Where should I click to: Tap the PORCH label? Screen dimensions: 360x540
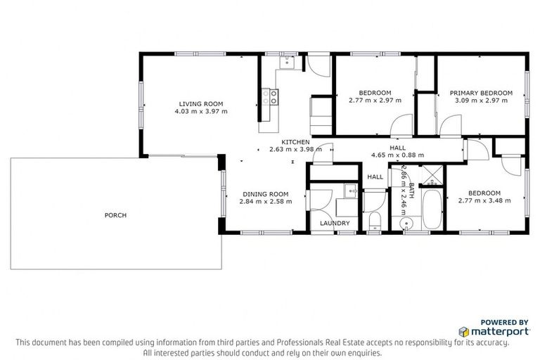coord(115,215)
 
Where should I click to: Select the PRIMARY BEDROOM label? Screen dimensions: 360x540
coord(481,92)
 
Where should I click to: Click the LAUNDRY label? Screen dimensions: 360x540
coord(335,224)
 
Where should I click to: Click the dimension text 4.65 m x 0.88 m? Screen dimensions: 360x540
coord(398,155)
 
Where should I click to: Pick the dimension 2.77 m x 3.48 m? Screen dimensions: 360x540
coord(484,201)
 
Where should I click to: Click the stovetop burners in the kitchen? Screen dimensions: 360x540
coord(268,96)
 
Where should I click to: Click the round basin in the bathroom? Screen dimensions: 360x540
coord(405,225)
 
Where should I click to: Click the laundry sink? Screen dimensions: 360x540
coord(349,191)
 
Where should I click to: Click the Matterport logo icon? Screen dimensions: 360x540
coord(463,330)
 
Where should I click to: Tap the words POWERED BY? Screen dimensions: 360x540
coord(505,322)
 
